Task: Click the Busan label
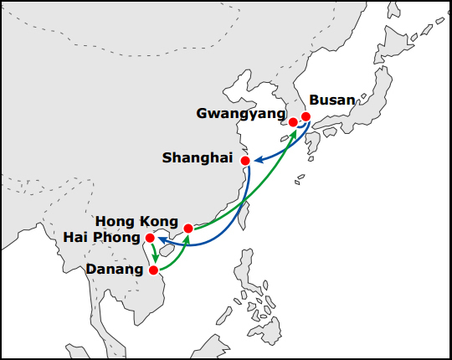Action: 332,100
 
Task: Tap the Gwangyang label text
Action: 241,114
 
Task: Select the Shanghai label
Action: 198,158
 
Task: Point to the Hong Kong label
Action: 136,221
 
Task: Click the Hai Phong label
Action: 102,238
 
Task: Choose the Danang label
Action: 115,270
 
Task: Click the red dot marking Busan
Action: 306,116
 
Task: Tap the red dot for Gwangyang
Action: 293,122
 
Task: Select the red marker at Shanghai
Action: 245,161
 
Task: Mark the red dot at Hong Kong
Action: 188,229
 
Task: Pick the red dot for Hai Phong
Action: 150,238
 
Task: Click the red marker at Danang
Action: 154,270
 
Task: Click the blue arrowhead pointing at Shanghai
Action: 258,159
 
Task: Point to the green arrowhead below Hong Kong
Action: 187,239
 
